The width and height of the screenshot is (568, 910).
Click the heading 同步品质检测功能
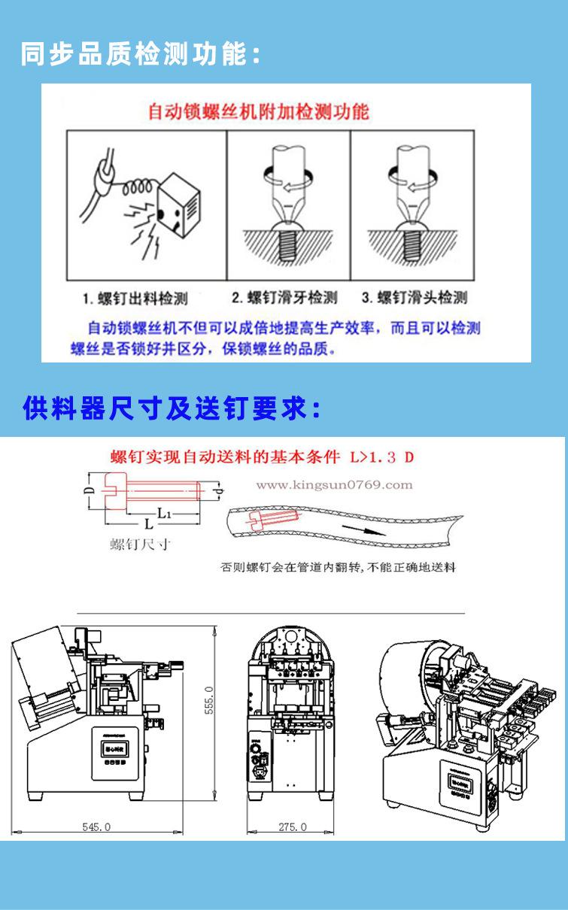pos(141,55)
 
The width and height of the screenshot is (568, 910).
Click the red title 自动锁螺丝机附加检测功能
pos(258,111)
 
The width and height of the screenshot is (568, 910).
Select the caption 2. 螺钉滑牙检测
pos(284,298)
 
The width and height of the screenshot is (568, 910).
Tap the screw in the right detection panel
pos(411,241)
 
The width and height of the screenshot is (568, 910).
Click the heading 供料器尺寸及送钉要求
pos(172,410)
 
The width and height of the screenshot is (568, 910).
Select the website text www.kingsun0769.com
pos(334,485)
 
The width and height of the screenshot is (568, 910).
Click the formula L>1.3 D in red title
pos(382,457)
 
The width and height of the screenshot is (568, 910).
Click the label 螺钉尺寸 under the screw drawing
pos(140,544)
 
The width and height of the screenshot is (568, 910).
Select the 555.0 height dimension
pos(210,700)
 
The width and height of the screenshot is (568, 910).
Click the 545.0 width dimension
pos(96,827)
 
